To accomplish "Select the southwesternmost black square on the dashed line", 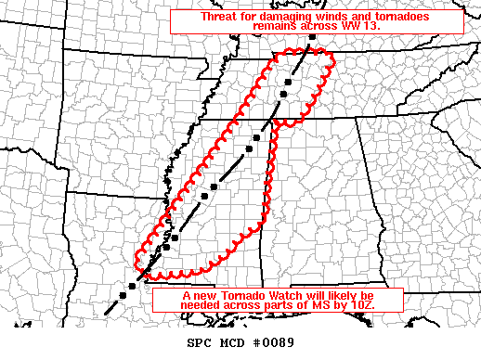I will coord(132,287).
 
